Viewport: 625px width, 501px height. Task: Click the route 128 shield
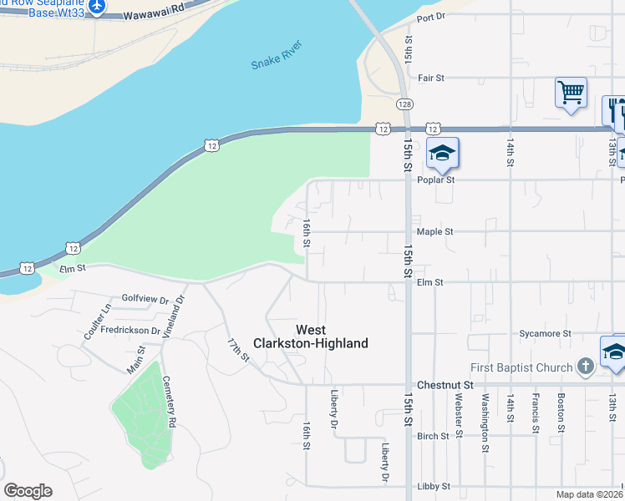[404, 104]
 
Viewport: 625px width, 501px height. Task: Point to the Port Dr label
[431, 17]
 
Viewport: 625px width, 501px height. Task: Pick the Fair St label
[430, 78]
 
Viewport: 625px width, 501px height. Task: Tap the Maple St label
[434, 231]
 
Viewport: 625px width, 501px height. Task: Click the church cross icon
[586, 366]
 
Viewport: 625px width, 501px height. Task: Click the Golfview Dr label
[145, 297]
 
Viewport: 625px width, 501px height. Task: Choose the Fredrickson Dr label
[130, 330]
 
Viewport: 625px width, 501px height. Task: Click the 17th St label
[238, 349]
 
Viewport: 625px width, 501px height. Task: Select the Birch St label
[433, 436]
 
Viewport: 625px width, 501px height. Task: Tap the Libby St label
[434, 486]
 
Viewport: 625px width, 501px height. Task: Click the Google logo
[28, 491]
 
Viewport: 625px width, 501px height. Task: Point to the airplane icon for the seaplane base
[97, 6]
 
